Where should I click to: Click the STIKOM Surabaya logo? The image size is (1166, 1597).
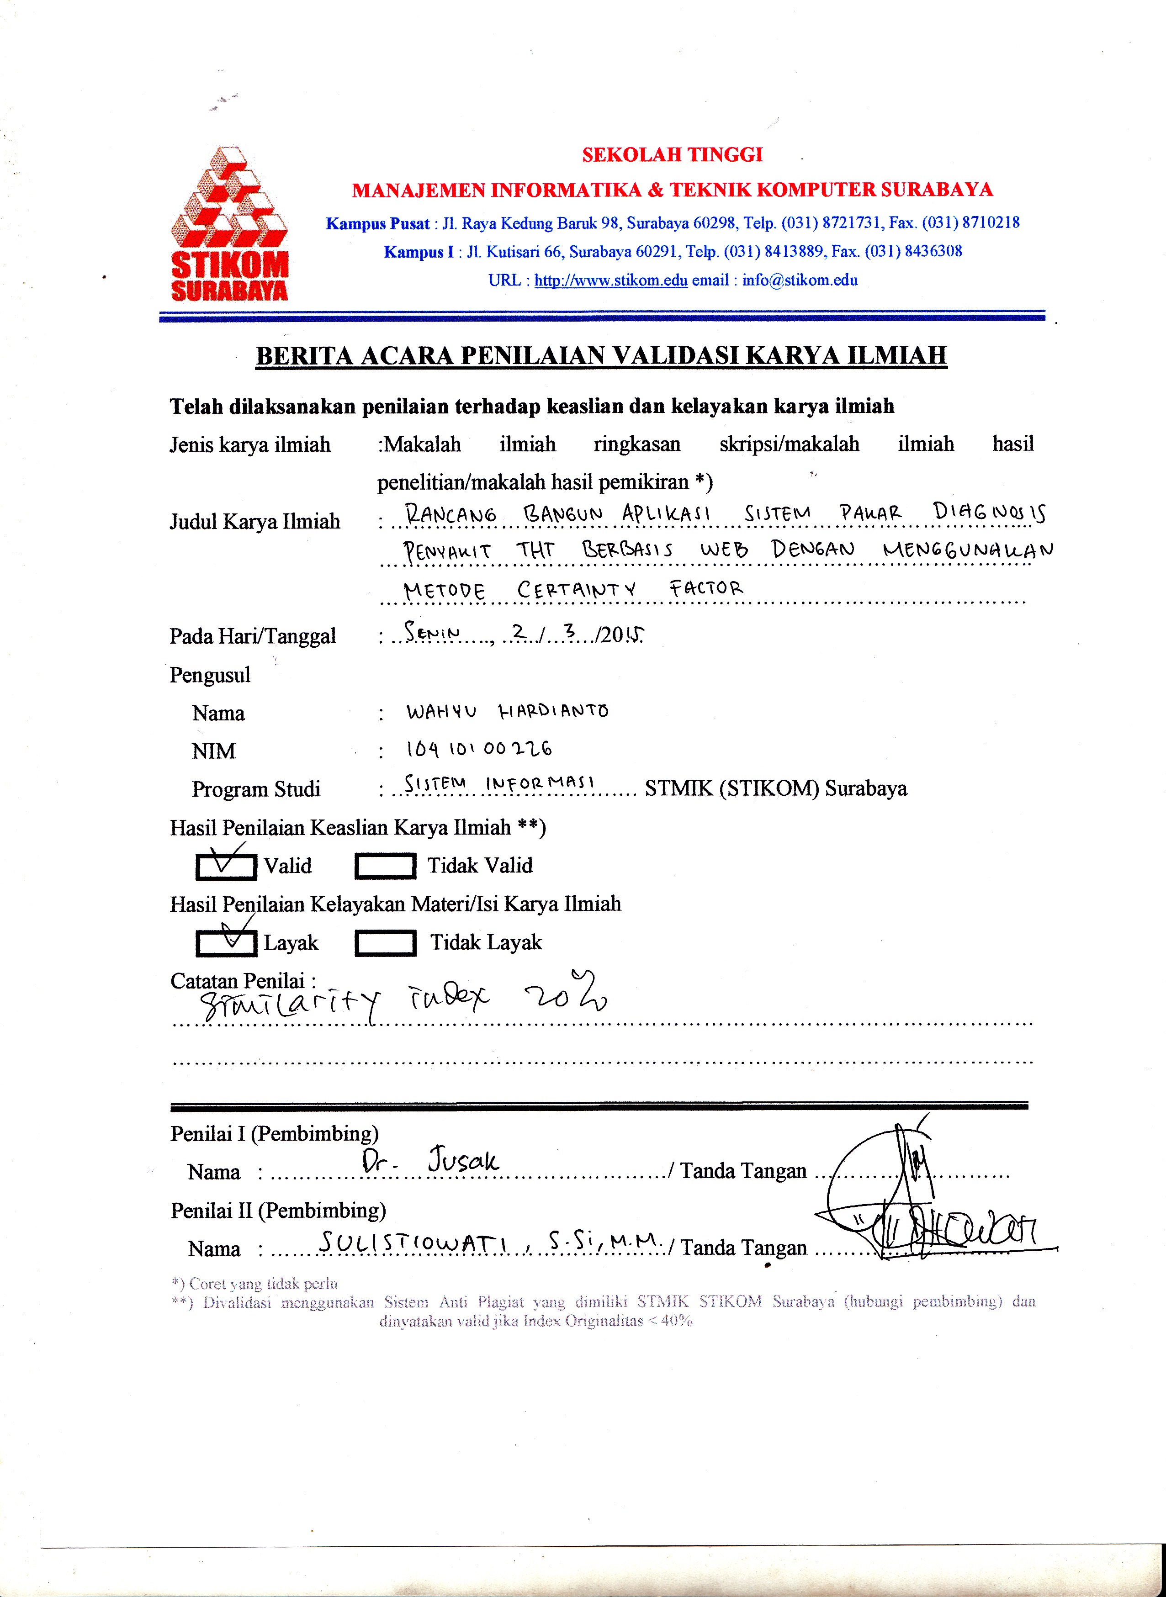point(229,224)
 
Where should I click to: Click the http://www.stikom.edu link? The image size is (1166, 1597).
point(610,280)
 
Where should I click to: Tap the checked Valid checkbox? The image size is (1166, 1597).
point(226,867)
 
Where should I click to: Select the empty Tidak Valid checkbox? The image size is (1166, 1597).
point(385,867)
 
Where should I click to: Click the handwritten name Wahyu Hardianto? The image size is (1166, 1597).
point(507,711)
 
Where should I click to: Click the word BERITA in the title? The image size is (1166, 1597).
point(303,355)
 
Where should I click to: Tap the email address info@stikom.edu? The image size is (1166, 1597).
point(800,280)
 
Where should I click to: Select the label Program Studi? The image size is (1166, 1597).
point(255,789)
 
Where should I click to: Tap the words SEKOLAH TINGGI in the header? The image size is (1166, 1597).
point(672,154)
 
